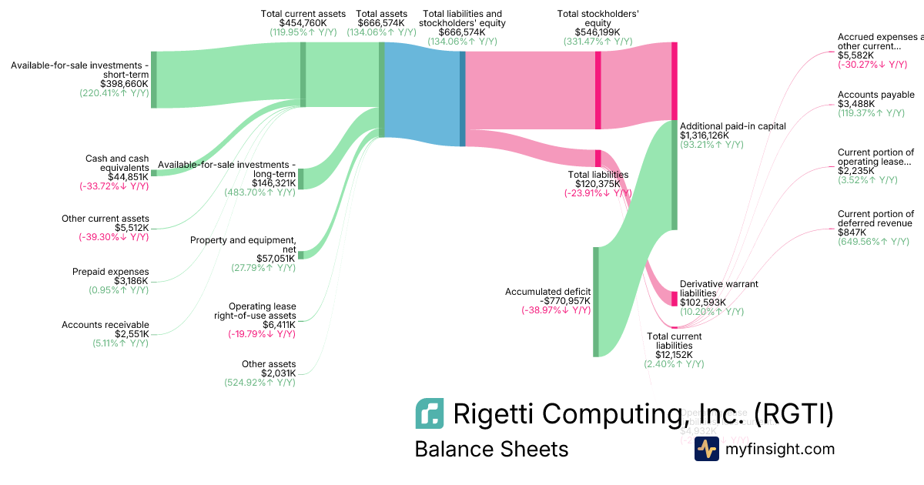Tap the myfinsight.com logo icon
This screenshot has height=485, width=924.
click(706, 449)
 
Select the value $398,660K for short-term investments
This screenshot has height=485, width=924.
click(124, 83)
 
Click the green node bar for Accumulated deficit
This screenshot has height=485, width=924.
click(595, 302)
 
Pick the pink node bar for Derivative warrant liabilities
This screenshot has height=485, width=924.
click(674, 298)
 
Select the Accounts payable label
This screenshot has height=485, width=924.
click(875, 95)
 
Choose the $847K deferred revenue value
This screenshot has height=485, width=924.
click(852, 232)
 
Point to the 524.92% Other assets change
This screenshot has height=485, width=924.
click(259, 383)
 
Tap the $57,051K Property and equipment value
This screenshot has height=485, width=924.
click(275, 258)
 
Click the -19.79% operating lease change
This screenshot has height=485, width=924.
click(261, 334)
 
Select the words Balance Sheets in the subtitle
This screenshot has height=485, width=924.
click(491, 449)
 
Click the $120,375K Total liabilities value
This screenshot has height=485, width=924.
click(598, 184)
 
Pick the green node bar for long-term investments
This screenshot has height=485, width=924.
click(301, 179)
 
